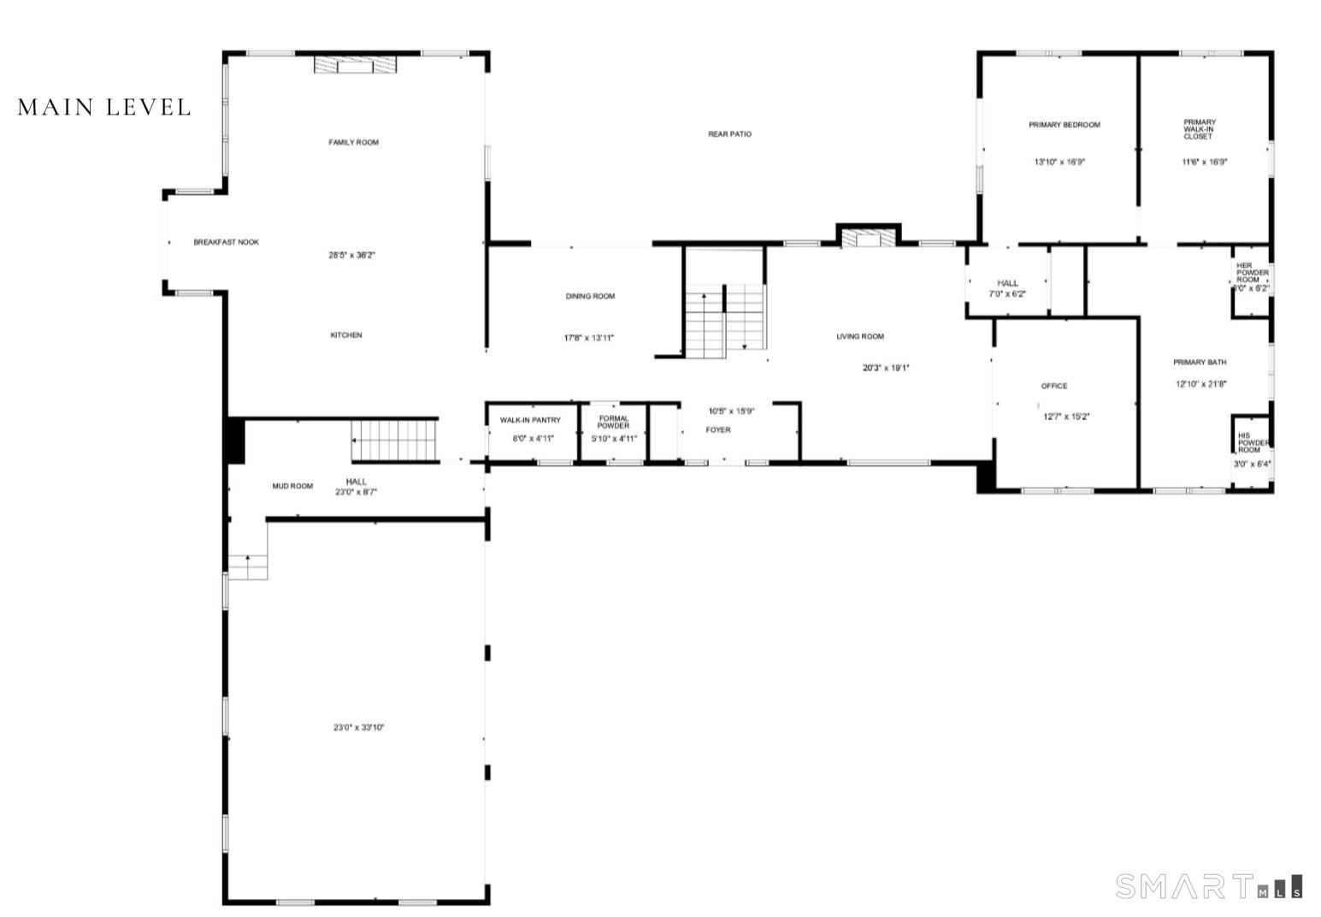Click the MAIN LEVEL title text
click(104, 107)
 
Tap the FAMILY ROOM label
click(353, 142)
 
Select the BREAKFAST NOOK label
click(226, 242)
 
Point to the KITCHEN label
click(346, 335)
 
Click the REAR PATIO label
click(729, 134)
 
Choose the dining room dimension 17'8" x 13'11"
click(589, 338)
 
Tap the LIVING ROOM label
click(860, 337)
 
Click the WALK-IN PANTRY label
click(530, 420)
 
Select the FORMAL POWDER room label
click(614, 422)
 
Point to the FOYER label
click(718, 430)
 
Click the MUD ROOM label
click(292, 487)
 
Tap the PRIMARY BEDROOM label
click(1064, 125)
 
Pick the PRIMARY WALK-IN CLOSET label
click(1199, 129)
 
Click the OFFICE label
click(1054, 386)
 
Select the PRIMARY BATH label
click(1200, 363)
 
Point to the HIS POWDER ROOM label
click(1250, 442)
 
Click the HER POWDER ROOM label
click(1252, 272)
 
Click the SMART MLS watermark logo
click(1209, 886)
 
